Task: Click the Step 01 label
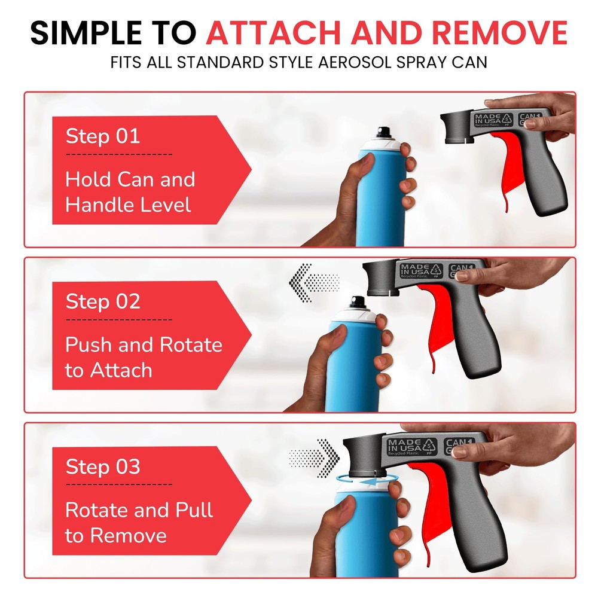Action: point(102,136)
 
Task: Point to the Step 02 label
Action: point(102,301)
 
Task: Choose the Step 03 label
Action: point(102,466)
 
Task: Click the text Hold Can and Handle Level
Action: point(130,193)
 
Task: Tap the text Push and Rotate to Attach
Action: point(144,358)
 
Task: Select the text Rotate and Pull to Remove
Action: point(139,523)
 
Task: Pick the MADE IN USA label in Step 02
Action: point(417,271)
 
